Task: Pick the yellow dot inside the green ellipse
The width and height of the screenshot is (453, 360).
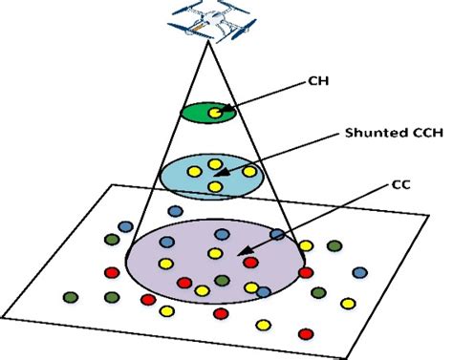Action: (x=217, y=113)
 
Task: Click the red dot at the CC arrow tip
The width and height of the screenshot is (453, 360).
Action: (x=250, y=262)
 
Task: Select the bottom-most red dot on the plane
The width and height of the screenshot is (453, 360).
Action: (x=306, y=333)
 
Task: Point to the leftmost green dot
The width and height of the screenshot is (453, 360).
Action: (x=70, y=297)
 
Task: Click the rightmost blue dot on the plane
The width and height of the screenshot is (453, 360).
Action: (x=360, y=272)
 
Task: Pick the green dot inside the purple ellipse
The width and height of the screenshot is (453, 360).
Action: (x=221, y=281)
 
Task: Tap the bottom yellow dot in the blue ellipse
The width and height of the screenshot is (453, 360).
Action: (x=215, y=186)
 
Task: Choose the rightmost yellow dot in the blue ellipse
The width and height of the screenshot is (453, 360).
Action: (x=249, y=172)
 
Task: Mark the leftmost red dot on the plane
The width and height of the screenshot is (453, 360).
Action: (x=111, y=272)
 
